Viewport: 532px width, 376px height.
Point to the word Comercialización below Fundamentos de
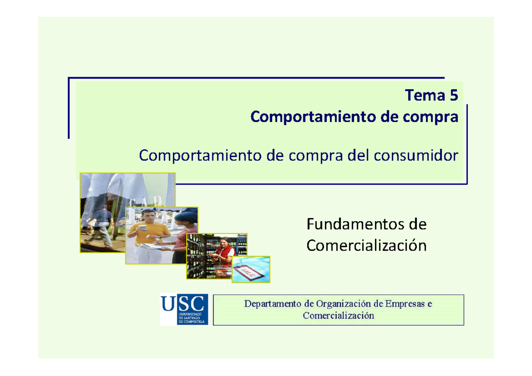click(x=366, y=245)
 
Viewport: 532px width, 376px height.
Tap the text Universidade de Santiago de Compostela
click(x=191, y=317)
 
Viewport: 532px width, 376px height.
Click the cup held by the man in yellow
click(x=143, y=229)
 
